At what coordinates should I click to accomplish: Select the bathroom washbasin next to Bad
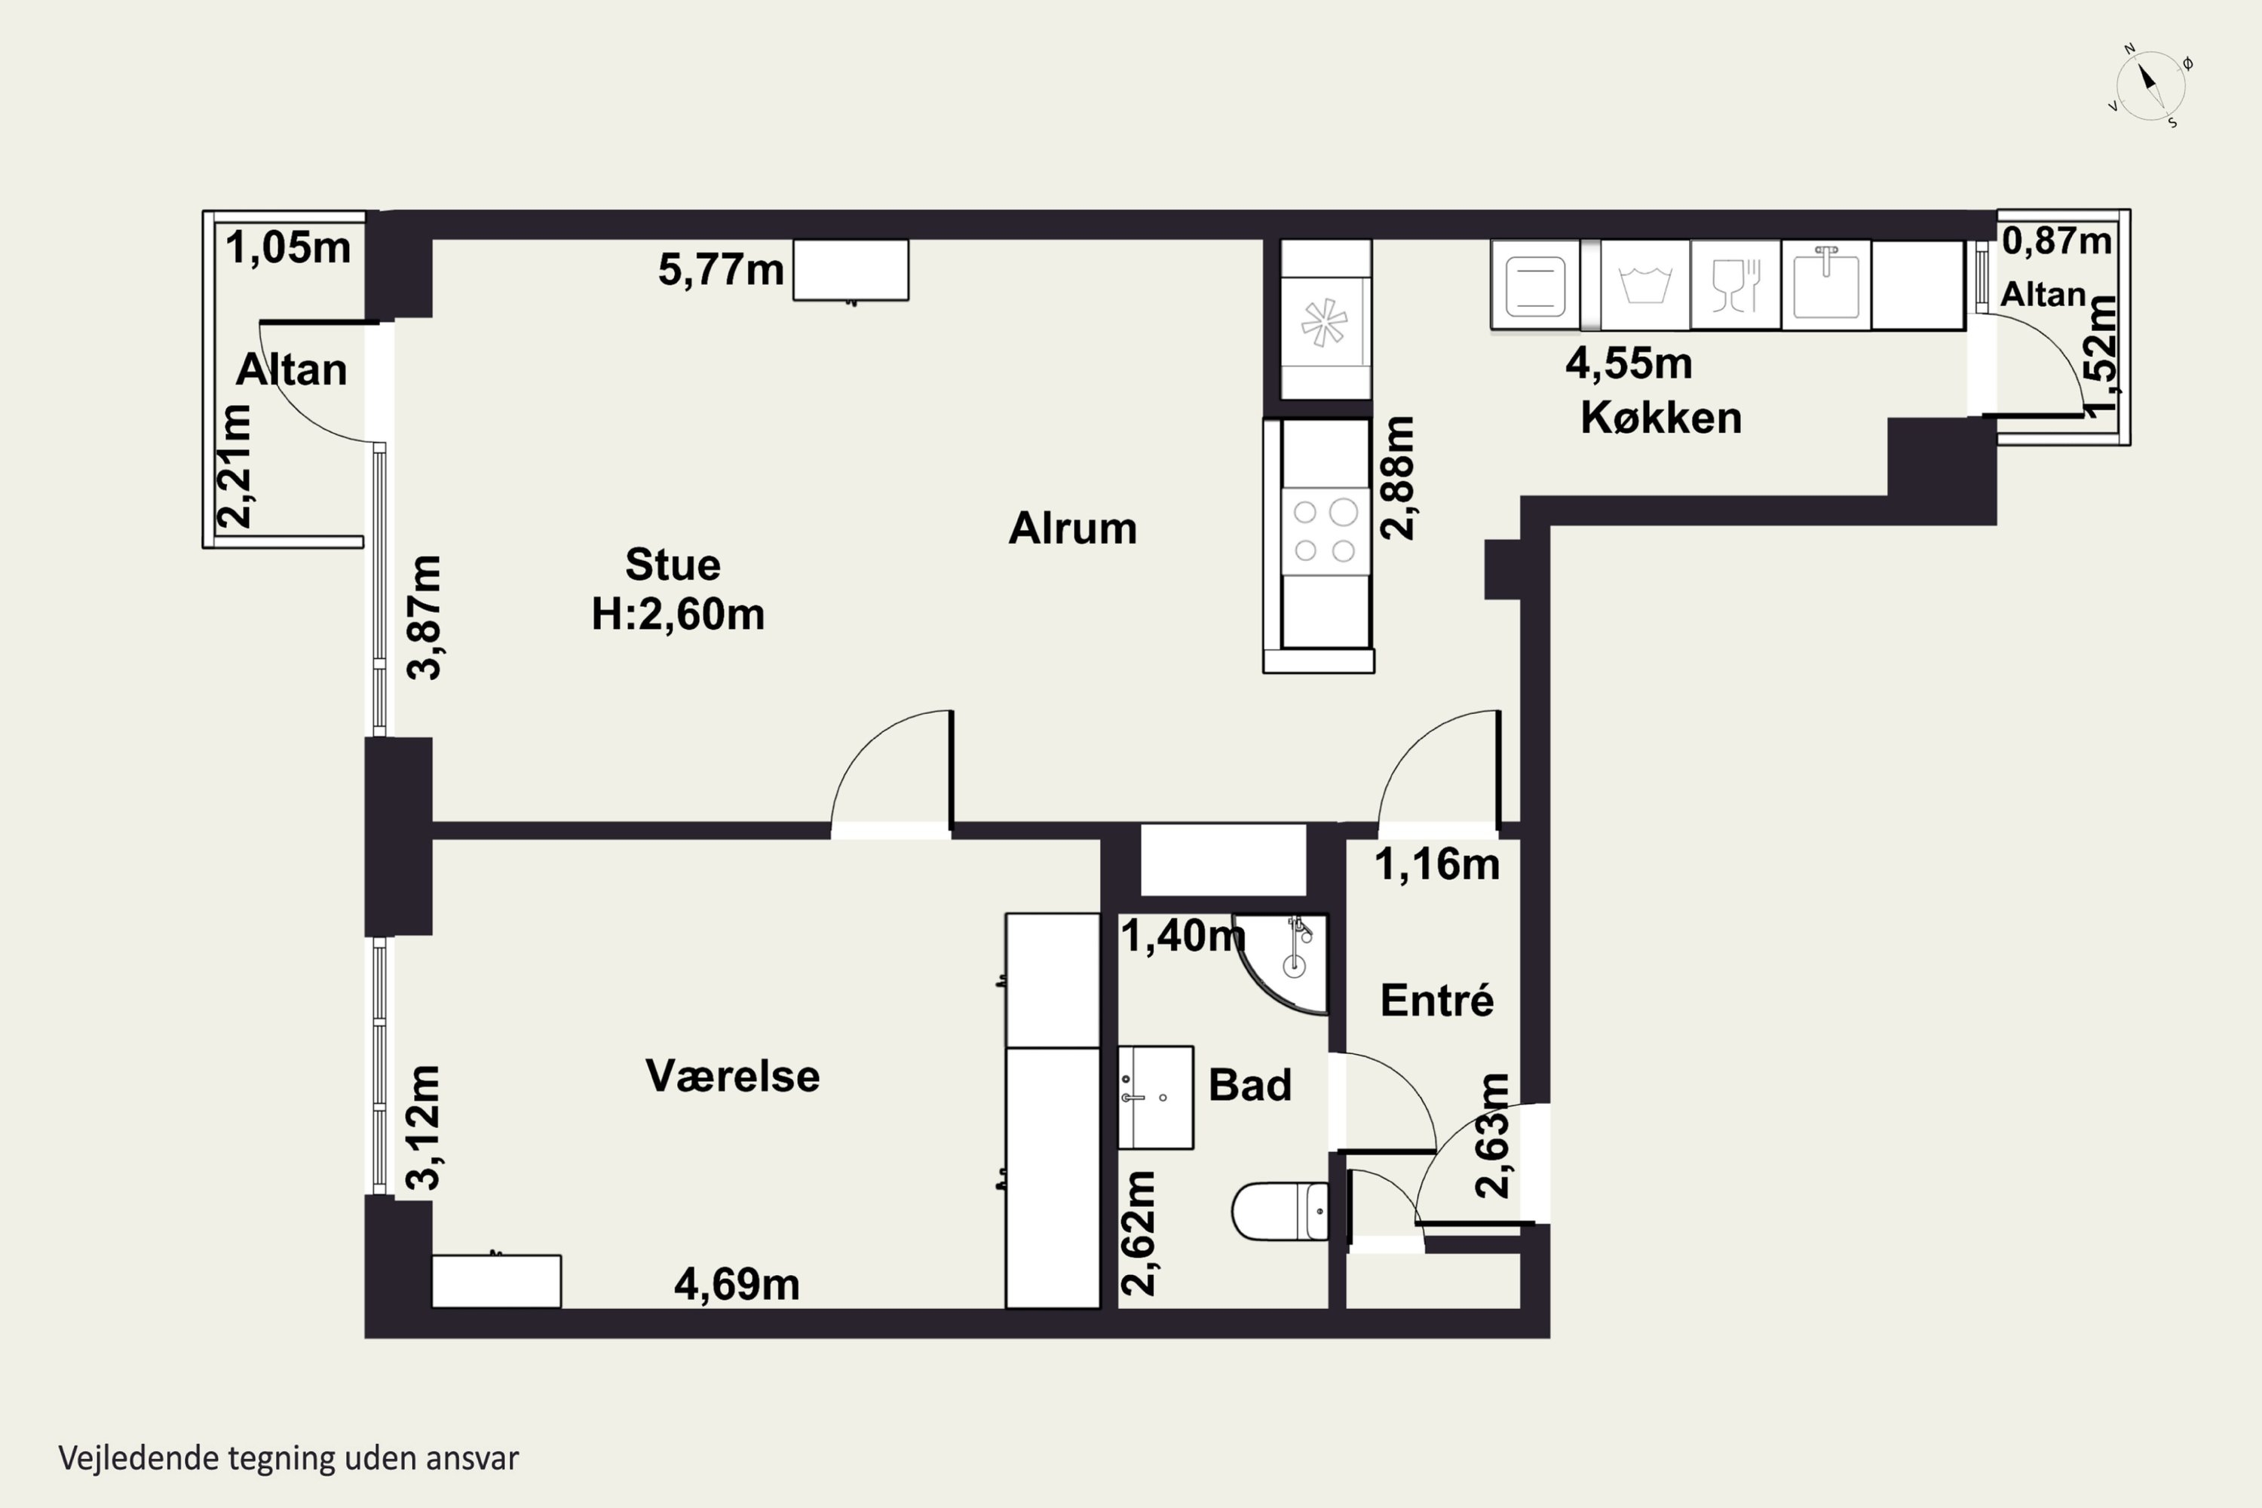pyautogui.click(x=1155, y=1097)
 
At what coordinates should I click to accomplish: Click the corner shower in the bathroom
pyautogui.click(x=1282, y=963)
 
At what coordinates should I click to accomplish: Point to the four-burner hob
pyautogui.click(x=1324, y=530)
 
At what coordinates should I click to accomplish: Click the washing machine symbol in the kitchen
pyautogui.click(x=1644, y=285)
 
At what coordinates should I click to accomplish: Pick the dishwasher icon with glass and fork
pyautogui.click(x=1735, y=285)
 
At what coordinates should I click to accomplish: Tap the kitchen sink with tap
pyautogui.click(x=1825, y=285)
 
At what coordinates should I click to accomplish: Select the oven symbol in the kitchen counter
pyautogui.click(x=1535, y=285)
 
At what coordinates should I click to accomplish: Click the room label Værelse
pyautogui.click(x=733, y=1075)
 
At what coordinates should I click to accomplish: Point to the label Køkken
pyautogui.click(x=1661, y=418)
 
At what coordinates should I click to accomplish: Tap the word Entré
pyautogui.click(x=1437, y=1001)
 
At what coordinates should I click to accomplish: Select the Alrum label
pyautogui.click(x=1072, y=528)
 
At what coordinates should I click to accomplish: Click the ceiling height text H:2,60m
pyautogui.click(x=678, y=614)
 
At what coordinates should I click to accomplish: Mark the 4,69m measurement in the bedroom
pyautogui.click(x=737, y=1284)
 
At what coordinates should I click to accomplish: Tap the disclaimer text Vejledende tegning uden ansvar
pyautogui.click(x=289, y=1458)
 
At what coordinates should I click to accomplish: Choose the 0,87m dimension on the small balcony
pyautogui.click(x=2057, y=241)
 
